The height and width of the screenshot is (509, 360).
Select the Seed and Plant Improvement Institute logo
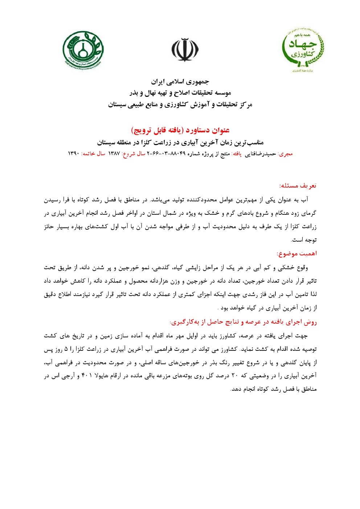pyautogui.click(x=83, y=50)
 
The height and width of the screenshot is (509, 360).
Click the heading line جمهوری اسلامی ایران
pyautogui.click(x=180, y=81)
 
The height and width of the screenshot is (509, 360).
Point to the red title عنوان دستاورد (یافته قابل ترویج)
pyautogui.click(x=180, y=130)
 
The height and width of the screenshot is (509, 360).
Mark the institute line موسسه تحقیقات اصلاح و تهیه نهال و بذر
pyautogui.click(x=180, y=93)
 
